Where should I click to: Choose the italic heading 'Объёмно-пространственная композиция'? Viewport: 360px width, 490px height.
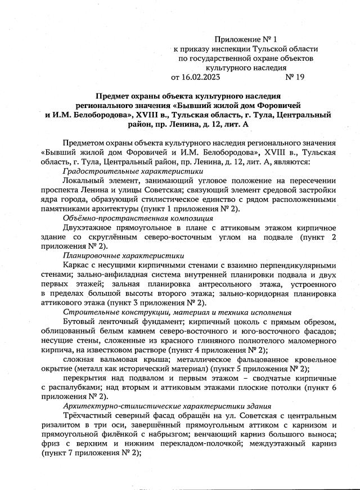pyautogui.click(x=138, y=217)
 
